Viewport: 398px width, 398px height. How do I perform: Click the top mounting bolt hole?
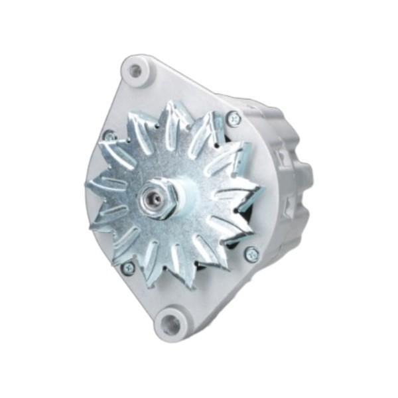135,70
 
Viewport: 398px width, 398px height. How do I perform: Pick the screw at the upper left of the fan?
109,137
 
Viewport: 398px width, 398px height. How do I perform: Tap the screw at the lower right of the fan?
251,254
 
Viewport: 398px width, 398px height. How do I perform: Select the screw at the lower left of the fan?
128,267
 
